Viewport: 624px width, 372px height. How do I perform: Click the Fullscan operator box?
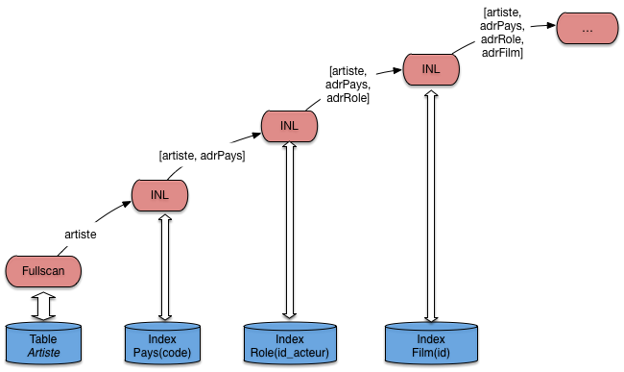(43, 271)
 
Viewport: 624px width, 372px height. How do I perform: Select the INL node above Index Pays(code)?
(159, 195)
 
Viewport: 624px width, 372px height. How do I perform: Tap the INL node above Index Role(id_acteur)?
(289, 126)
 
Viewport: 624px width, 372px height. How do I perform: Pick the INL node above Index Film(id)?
(431, 69)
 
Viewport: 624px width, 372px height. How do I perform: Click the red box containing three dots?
(588, 28)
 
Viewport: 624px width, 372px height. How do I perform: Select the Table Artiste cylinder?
(43, 343)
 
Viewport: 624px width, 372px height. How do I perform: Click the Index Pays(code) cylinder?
(162, 343)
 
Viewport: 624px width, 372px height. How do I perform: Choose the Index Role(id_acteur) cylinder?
(290, 343)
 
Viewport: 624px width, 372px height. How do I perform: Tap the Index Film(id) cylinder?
(431, 343)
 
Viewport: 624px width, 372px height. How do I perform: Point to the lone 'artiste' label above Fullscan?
(81, 235)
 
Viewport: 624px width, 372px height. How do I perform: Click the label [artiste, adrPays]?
(203, 156)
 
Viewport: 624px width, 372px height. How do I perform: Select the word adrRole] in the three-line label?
(348, 98)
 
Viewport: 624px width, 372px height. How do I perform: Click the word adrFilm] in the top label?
(502, 53)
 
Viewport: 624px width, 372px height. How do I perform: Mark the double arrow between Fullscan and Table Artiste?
(43, 306)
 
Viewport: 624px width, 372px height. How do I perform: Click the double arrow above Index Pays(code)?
(165, 267)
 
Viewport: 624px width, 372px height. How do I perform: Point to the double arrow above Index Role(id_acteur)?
(289, 231)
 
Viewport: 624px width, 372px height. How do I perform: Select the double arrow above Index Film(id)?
(431, 207)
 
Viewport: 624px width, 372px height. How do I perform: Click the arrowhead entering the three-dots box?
(551, 26)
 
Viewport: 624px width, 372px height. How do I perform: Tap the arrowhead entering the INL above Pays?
(127, 205)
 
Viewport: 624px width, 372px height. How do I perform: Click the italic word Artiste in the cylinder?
(44, 353)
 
